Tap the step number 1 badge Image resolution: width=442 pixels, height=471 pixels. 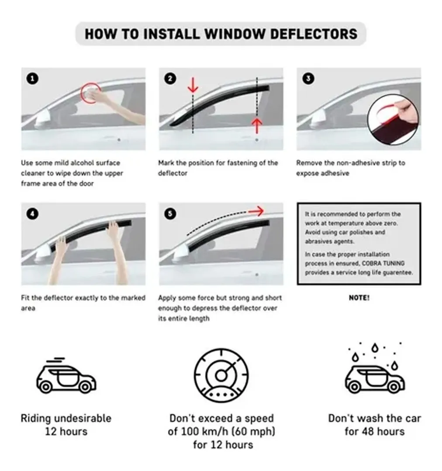point(33,79)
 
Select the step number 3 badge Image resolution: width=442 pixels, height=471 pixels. point(308,79)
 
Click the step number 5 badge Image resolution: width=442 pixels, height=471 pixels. point(170,213)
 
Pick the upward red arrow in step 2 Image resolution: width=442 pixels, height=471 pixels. point(257,126)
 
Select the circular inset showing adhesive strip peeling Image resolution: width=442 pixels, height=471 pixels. point(393,117)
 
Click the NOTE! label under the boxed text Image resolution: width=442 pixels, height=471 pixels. point(359,298)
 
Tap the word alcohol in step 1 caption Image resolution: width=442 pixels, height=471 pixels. point(68,163)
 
